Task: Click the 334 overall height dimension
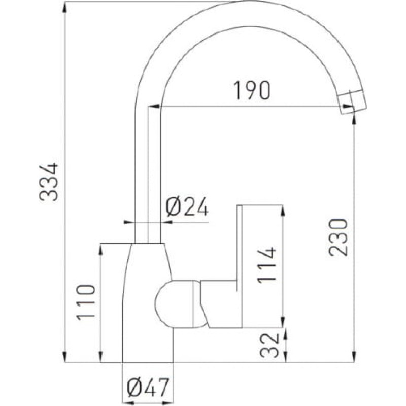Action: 49,182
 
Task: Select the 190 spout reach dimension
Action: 252,90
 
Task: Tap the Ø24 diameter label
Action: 187,207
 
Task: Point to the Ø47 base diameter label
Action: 148,387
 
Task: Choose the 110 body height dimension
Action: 86,302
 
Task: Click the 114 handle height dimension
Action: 266,265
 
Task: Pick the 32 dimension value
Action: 269,346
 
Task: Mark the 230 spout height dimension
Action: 338,238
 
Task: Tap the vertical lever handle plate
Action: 240,266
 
